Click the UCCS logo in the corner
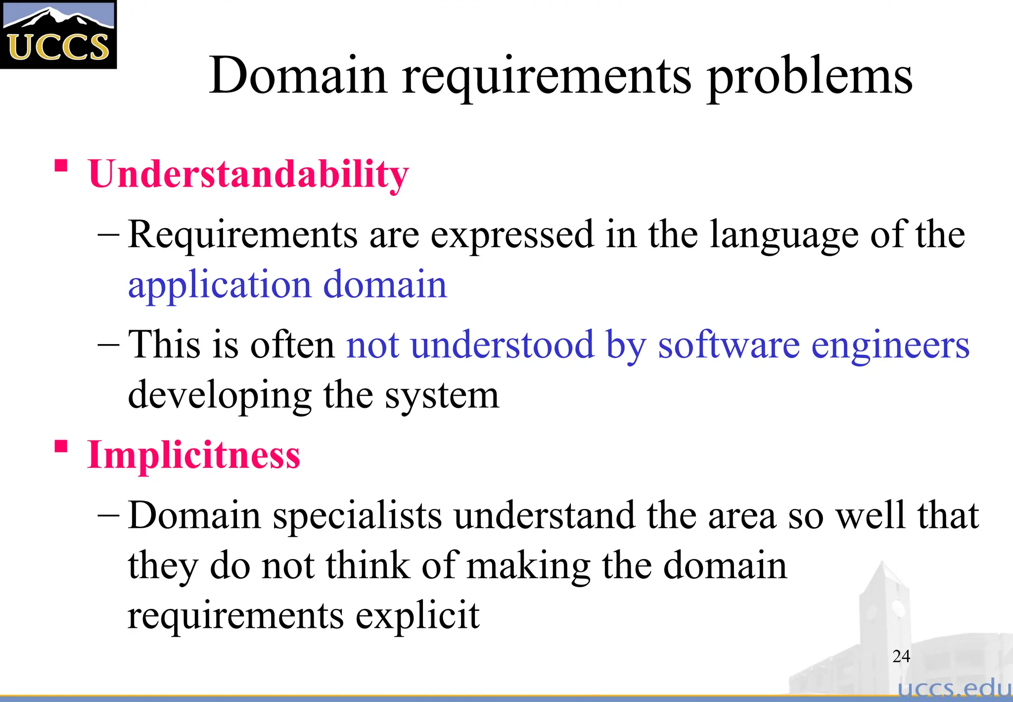click(58, 35)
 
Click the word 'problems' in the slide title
click(810, 75)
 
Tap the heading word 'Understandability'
click(248, 174)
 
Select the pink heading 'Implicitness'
click(193, 454)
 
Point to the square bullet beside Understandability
click(61, 165)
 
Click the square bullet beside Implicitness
click(61, 447)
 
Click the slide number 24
click(901, 656)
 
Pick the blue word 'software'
click(729, 345)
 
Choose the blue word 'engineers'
click(890, 345)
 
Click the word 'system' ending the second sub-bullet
click(442, 395)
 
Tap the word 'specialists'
click(357, 515)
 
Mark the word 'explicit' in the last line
click(417, 615)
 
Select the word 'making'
click(528, 566)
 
